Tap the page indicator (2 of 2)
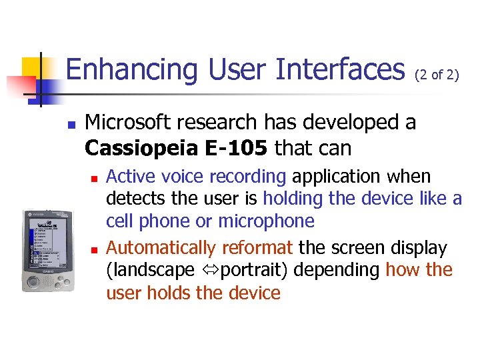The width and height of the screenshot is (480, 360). [x=437, y=75]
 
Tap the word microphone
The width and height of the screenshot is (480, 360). [x=266, y=221]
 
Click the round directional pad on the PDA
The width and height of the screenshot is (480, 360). [x=31, y=280]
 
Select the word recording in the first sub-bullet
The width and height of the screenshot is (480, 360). [x=247, y=177]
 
